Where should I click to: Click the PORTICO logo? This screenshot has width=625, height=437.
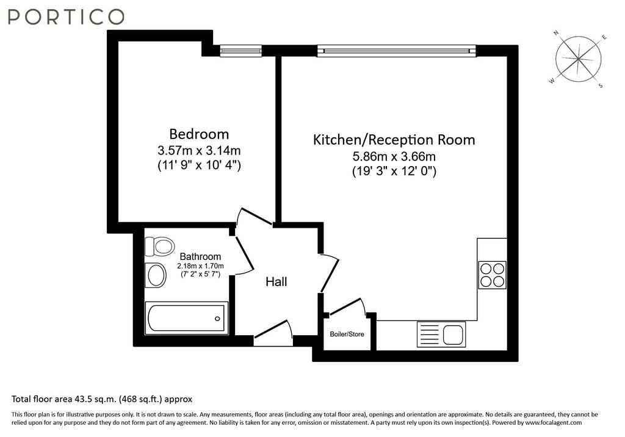66,16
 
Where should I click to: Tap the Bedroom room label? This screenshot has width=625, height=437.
199,134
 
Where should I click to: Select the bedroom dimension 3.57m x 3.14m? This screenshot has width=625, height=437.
199,151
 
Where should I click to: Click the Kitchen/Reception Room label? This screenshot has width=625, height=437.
394,140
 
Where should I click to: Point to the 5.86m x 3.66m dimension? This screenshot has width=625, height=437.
394,156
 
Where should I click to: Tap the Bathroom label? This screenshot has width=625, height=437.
200,256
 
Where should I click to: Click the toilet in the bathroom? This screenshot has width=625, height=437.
159,246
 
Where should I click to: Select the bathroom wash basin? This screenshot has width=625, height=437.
156,275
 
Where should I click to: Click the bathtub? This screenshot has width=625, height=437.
186,318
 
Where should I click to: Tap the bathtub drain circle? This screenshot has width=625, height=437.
217,319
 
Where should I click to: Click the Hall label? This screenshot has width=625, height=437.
276,282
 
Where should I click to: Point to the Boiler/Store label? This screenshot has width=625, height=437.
347,334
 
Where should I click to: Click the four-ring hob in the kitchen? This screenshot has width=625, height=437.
493,275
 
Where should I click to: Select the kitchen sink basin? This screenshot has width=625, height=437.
453,334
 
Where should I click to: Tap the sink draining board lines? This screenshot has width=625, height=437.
428,334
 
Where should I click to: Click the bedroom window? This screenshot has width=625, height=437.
240,51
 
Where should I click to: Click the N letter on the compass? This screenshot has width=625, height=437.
556,34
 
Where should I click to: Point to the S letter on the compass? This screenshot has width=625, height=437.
601,85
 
